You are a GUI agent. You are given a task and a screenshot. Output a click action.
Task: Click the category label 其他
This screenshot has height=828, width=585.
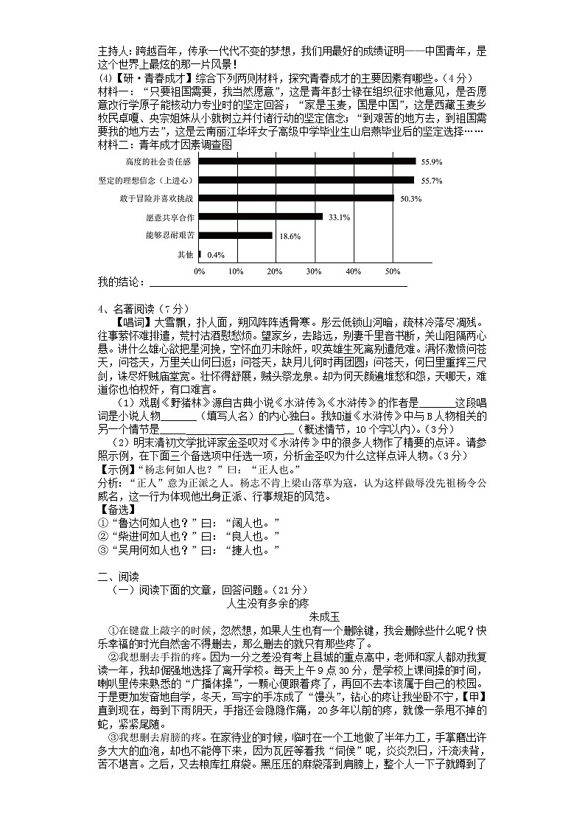click(185, 255)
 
